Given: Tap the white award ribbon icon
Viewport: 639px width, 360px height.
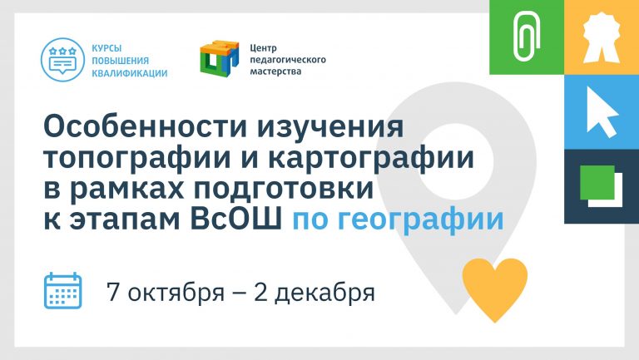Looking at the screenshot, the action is tap(602, 37).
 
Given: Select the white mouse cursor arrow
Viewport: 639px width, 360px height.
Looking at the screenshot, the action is tap(602, 112).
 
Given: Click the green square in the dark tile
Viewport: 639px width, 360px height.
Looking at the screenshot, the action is tap(597, 182).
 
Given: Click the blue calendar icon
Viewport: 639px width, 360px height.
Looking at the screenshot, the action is tap(62, 290).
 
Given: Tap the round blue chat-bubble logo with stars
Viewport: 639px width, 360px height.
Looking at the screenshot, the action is tap(62, 60).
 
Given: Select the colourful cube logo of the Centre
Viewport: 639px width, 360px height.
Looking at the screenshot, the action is tap(220, 59).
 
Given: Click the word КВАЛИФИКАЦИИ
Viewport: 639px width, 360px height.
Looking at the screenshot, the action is tap(129, 74).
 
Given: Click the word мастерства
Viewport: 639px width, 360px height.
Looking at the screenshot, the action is tap(275, 72).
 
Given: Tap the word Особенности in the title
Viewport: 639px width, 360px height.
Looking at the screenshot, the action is tap(146, 126).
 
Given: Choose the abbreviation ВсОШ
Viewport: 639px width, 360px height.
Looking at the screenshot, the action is tap(236, 220).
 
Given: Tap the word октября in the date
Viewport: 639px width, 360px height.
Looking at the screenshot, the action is tap(176, 293).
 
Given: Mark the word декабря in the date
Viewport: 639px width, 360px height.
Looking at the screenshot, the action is tap(324, 293).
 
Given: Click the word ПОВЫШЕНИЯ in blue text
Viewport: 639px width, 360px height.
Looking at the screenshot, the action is tap(120, 61).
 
